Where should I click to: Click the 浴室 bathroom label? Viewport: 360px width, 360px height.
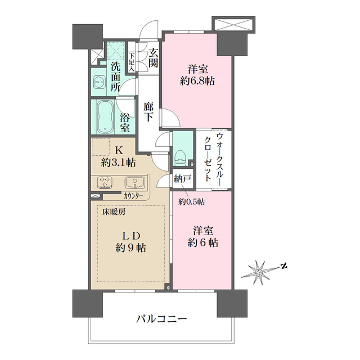pos(125,123)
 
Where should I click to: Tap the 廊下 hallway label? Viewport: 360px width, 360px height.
pos(149,111)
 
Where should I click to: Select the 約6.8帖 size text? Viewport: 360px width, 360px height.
pos(198,81)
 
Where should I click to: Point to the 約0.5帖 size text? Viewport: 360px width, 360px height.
pos(192,201)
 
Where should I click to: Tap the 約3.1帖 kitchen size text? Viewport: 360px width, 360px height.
pos(119,163)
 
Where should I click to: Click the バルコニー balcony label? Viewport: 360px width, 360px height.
pos(161,319)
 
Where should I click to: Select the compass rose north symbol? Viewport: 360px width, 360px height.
pos(259,272)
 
